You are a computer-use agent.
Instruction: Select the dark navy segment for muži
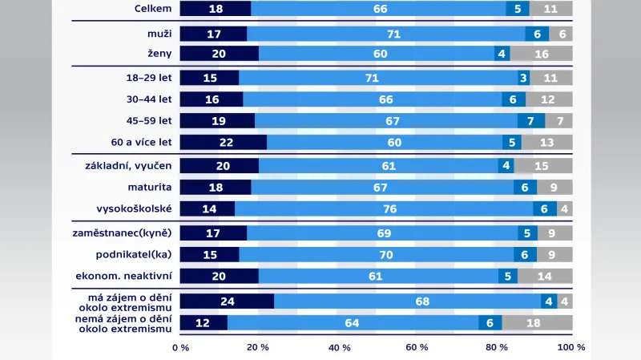[213, 34]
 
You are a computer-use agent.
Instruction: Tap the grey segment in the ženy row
[541, 54]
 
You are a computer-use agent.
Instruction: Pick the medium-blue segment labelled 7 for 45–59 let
[530, 121]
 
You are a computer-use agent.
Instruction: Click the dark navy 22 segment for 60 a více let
[223, 143]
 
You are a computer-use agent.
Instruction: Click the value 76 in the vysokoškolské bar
[384, 209]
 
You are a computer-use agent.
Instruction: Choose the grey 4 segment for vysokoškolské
[564, 209]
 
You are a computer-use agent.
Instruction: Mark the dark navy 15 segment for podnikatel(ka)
[209, 255]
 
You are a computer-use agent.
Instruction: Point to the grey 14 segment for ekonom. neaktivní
[545, 277]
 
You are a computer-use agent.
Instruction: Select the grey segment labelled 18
[537, 324]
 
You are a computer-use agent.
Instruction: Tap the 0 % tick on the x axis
[180, 348]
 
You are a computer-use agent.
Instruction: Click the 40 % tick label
[340, 348]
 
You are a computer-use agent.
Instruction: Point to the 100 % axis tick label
[570, 348]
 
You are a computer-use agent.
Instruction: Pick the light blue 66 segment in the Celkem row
[379, 9]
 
